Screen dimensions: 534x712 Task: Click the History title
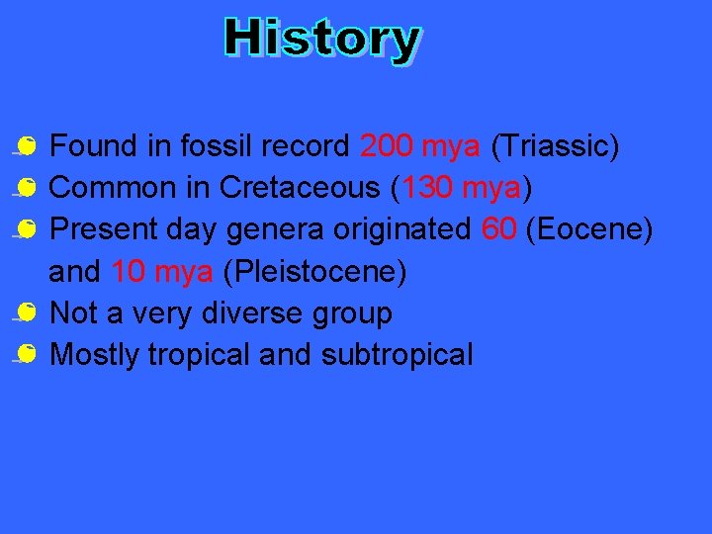pos(322,40)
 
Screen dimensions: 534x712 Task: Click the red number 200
pos(387,146)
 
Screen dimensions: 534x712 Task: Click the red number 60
pos(498,228)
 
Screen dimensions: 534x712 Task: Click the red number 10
pos(129,271)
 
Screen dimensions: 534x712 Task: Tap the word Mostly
pos(96,355)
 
